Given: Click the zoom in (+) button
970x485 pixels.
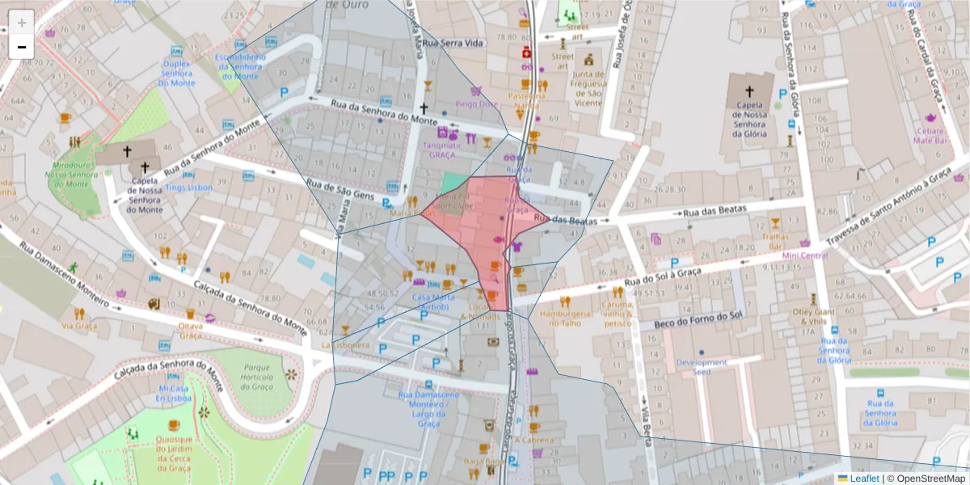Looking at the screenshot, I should (22, 23).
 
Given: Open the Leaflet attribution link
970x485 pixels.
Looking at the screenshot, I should (867, 479).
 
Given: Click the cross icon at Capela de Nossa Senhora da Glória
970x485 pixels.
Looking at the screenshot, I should (749, 92).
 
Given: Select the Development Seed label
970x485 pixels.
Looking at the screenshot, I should (702, 368).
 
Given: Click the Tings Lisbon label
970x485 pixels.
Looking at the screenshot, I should (188, 187).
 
